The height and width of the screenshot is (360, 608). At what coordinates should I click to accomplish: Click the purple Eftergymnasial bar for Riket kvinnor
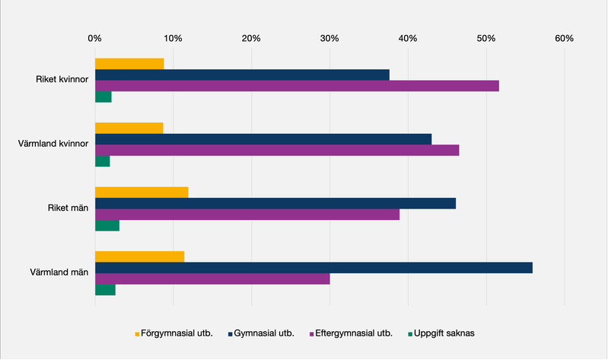(297, 86)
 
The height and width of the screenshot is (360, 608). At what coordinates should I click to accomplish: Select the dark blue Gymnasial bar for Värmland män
(314, 268)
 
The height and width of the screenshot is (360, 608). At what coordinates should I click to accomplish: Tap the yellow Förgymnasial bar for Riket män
(141, 193)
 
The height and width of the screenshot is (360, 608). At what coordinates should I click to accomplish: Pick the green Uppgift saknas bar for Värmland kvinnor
(102, 161)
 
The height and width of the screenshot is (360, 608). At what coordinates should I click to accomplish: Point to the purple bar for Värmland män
(212, 279)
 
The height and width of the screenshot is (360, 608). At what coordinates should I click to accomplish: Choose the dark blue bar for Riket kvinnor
(242, 75)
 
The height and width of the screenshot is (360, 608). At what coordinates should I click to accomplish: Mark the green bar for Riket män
(107, 225)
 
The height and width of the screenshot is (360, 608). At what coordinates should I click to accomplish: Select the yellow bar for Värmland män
(139, 257)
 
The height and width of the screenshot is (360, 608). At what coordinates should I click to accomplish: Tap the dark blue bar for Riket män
(275, 203)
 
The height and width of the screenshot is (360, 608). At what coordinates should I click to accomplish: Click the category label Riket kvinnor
(63, 80)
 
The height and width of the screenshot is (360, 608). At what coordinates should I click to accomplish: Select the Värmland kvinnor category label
(58, 144)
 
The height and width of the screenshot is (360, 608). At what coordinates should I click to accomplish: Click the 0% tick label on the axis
(94, 38)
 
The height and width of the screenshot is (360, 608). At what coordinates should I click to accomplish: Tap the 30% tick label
(329, 38)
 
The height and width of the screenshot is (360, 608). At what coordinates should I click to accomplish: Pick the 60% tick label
(564, 38)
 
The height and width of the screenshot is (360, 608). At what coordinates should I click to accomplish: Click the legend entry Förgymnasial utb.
(177, 333)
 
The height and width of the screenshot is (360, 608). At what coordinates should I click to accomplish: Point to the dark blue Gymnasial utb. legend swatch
(229, 333)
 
